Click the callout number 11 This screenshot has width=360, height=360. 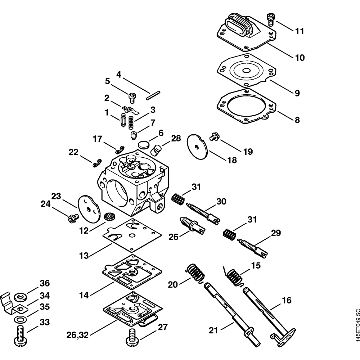point(299,31)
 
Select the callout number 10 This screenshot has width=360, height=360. point(299,58)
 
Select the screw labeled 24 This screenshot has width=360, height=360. point(72,217)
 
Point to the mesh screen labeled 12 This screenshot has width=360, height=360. point(108,217)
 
